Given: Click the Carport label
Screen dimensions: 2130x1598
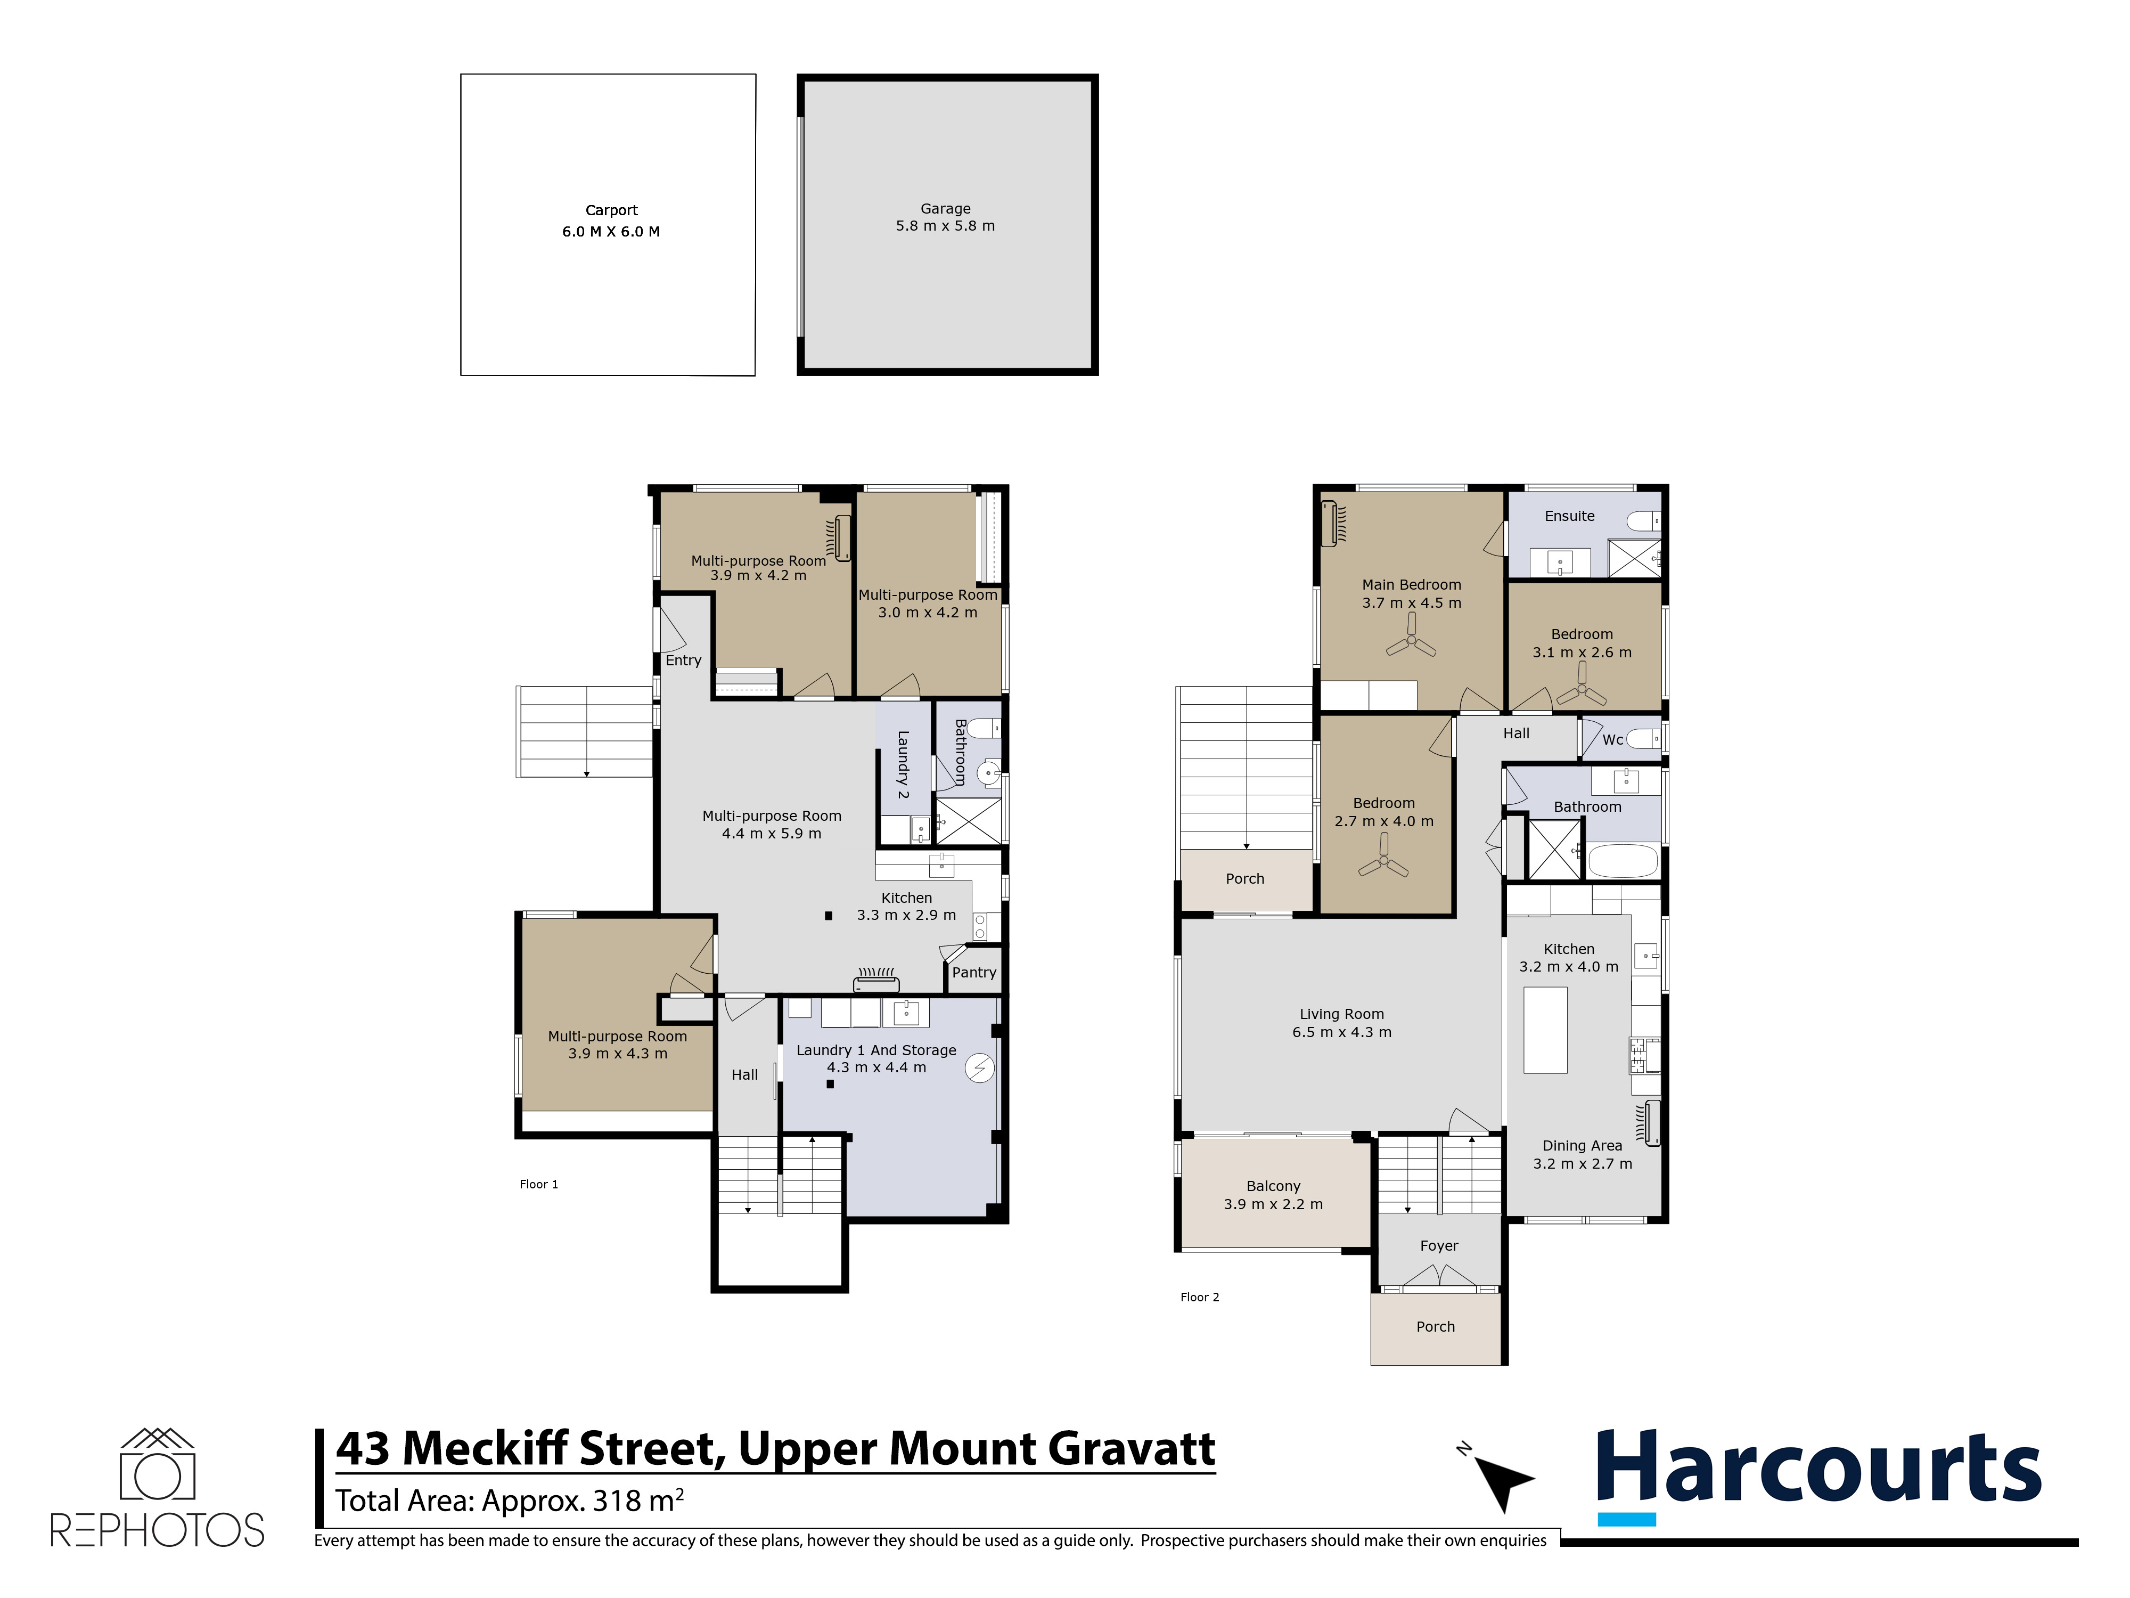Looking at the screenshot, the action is coord(611,210).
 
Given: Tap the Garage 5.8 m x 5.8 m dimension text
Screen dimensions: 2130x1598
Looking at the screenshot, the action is coord(946,225).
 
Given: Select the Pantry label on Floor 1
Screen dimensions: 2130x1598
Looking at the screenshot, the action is coord(974,973).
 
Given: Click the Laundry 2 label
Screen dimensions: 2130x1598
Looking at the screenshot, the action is coord(903,765).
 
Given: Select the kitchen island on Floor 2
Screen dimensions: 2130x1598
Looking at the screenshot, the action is coord(1545,1030).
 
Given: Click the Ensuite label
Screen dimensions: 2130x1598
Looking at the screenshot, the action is coord(1570,516).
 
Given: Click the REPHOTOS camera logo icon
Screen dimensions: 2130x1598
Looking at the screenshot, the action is coord(157,1464).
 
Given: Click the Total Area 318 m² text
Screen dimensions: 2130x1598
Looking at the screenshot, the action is coord(510,1501).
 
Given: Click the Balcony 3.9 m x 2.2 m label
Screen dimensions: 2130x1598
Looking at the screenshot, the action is coord(1273,1195).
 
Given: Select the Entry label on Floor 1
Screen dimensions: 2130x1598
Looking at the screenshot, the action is coord(684,661).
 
